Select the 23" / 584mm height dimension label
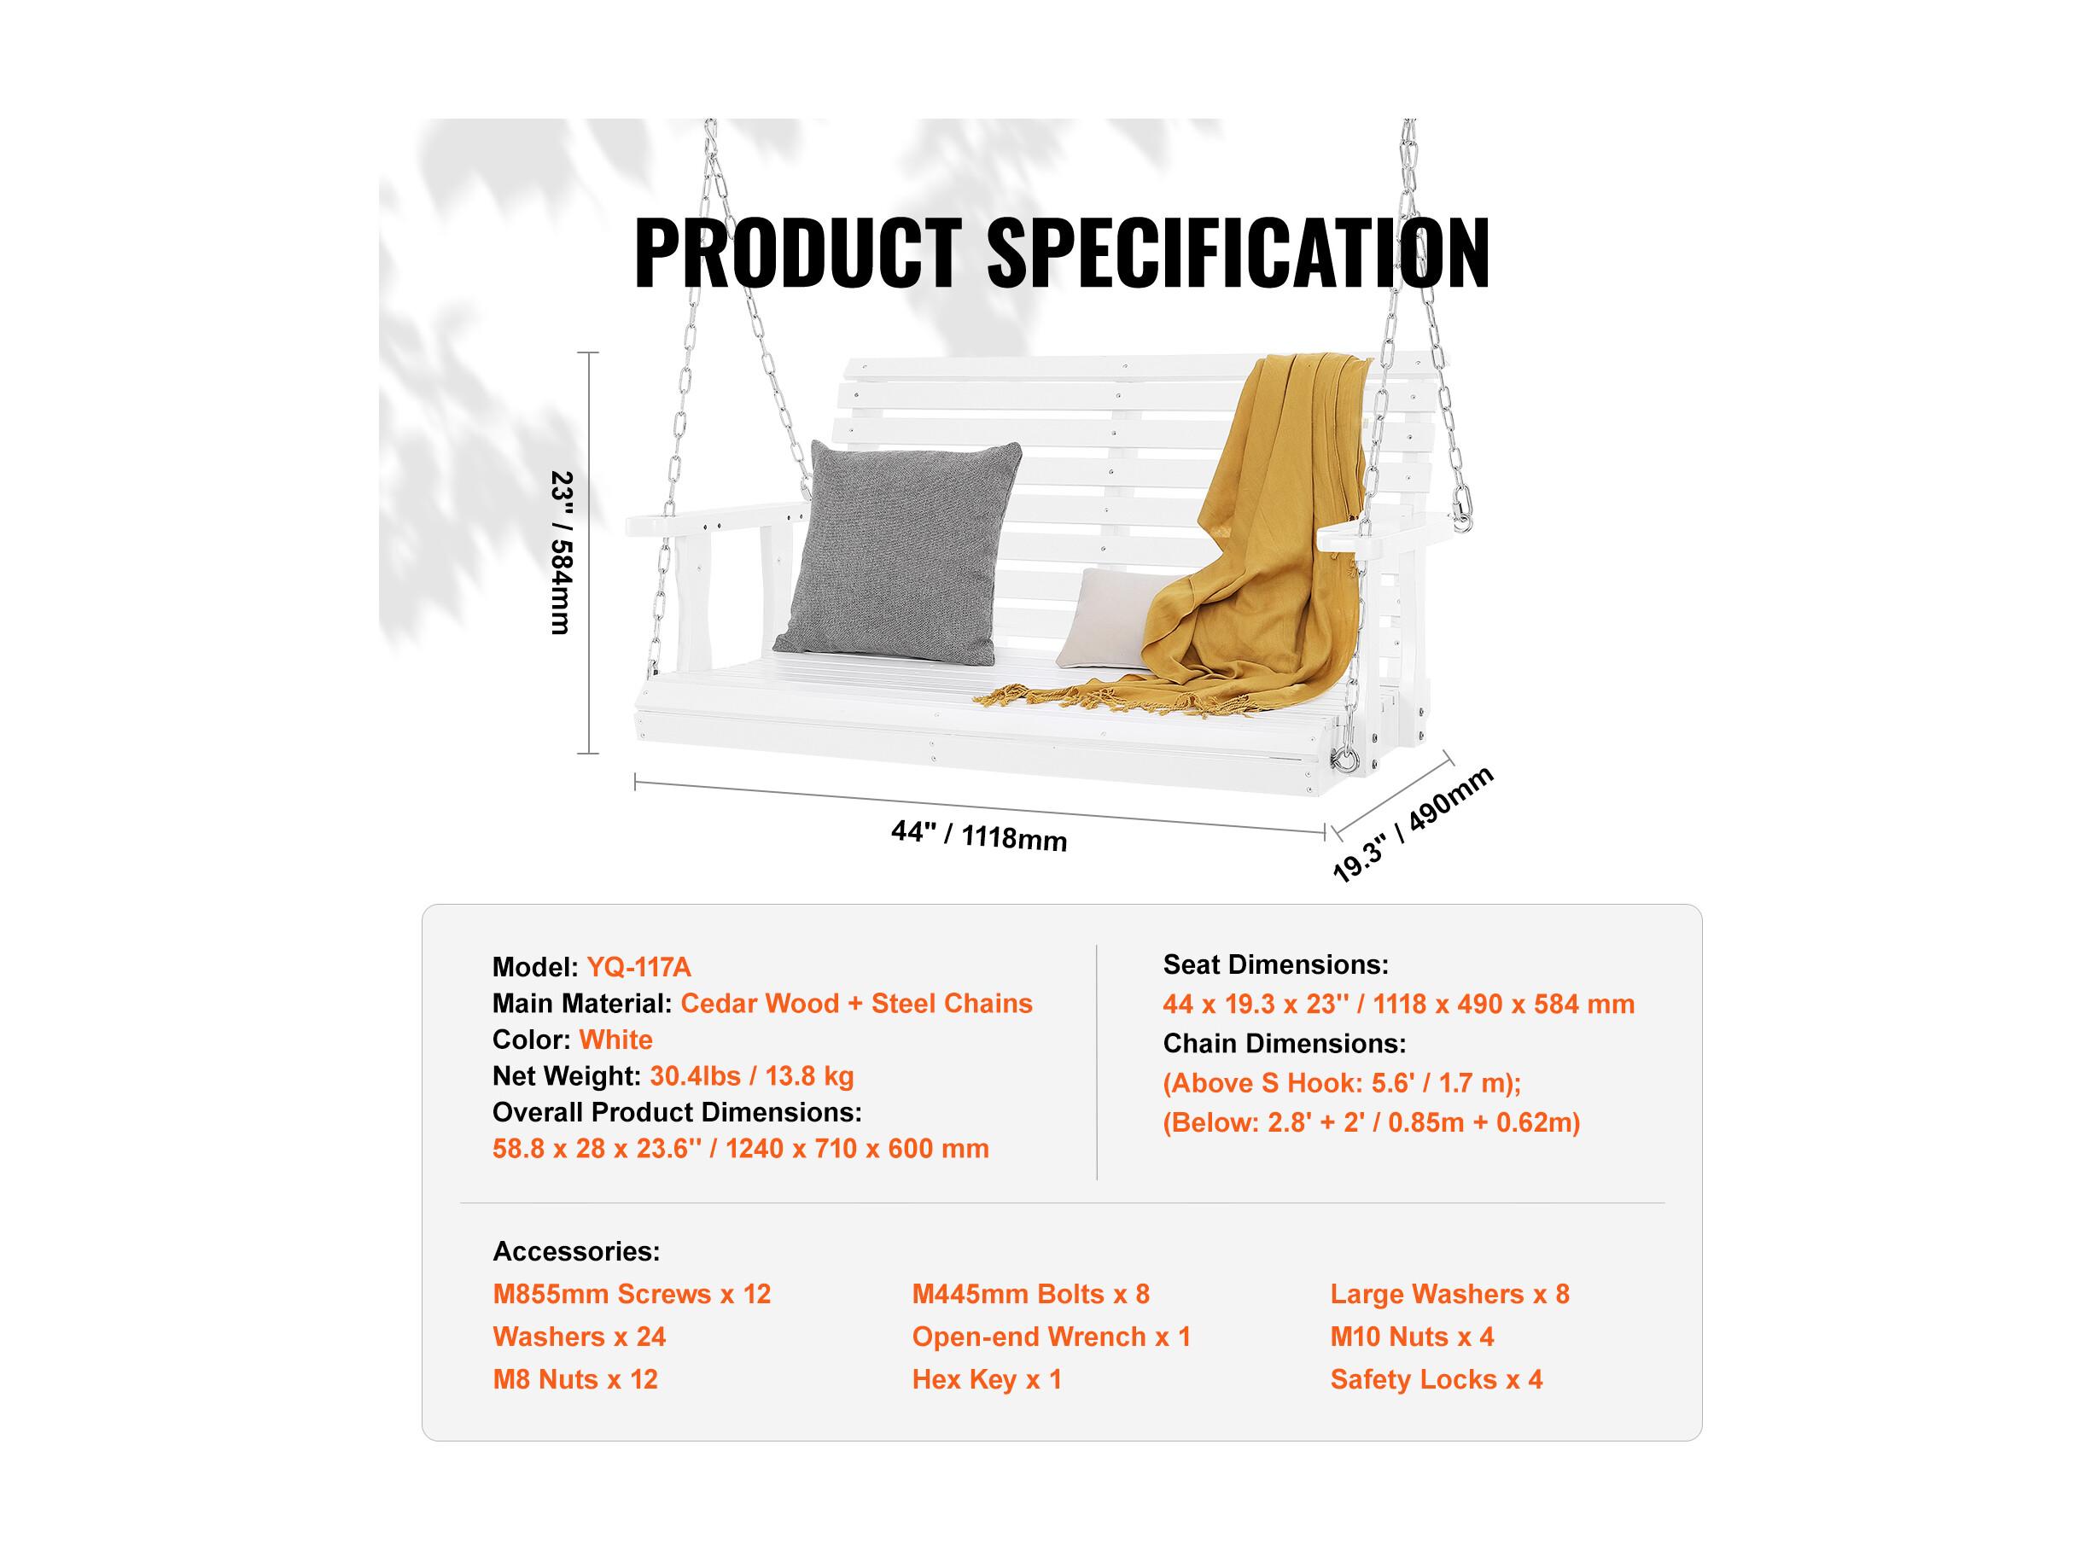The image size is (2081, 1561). pos(562,552)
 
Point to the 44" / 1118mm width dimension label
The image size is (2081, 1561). pos(979,835)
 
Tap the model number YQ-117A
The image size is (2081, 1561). pos(638,966)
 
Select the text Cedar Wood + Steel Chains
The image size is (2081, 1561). pos(856,1003)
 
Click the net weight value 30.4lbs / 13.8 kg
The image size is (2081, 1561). pos(752,1075)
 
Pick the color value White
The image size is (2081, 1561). pos(615,1040)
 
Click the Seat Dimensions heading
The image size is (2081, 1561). pos(1276,964)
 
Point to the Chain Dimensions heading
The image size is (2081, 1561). pos(1284,1044)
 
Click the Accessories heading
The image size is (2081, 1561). pos(577,1251)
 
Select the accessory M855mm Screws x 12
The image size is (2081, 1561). pos(632,1294)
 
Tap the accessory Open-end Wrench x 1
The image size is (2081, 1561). pos(1051,1337)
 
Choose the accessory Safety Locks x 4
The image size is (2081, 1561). pos(1437,1379)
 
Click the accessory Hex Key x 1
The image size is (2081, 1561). pos(987,1380)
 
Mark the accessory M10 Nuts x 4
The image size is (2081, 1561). pos(1412,1337)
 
